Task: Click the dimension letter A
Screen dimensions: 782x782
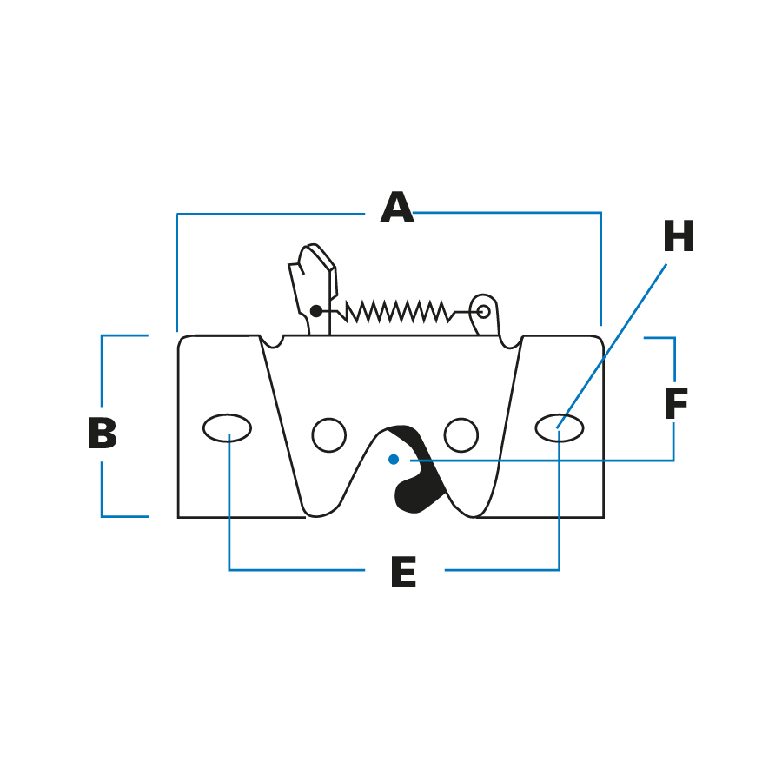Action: pos(397,209)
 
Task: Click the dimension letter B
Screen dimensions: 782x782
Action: pos(103,434)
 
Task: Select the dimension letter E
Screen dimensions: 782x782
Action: pos(403,573)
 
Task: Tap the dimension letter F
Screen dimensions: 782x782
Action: pos(675,405)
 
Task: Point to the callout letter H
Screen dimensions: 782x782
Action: pos(678,238)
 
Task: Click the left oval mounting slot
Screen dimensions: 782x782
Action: pos(228,427)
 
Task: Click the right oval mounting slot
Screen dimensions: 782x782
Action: pos(560,427)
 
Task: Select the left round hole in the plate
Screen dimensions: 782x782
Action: pos(328,435)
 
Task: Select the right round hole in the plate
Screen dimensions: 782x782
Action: pos(461,435)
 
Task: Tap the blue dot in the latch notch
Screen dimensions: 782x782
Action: pos(394,459)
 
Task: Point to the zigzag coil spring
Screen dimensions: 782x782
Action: pos(398,311)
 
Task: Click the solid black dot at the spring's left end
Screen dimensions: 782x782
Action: pos(316,311)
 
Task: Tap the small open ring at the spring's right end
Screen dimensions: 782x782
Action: pos(483,311)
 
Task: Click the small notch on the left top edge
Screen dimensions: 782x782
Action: pos(272,341)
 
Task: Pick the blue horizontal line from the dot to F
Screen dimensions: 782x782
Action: pos(539,460)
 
